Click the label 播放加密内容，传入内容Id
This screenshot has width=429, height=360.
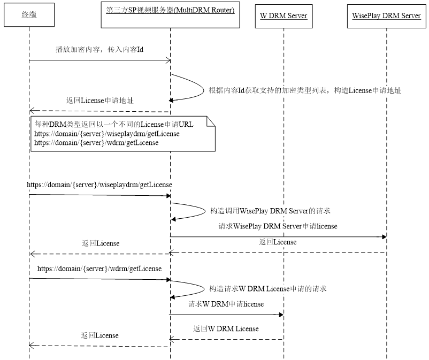99,50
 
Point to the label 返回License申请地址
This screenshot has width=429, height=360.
100,101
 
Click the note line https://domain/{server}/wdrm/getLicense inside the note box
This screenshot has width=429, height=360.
96,143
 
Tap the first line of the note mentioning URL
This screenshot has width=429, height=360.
114,125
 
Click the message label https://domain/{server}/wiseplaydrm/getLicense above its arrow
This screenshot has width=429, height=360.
99,185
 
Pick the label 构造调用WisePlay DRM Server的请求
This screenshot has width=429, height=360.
270,211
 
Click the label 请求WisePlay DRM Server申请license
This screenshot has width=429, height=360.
278,226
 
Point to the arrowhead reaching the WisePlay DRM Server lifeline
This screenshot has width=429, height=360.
385,236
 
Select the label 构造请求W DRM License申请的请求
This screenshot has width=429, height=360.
268,289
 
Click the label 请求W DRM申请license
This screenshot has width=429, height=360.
226,304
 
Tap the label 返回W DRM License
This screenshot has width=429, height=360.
226,328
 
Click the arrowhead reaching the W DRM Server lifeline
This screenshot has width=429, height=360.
281,315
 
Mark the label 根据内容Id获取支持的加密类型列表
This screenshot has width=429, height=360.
267,90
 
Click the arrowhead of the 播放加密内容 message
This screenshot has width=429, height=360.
168,60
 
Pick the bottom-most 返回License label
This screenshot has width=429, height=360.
99,335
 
